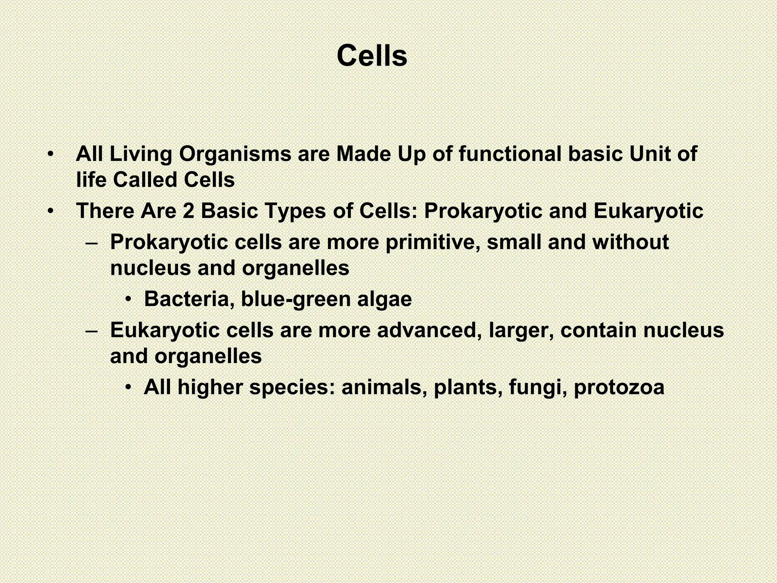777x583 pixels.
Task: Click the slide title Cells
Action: pyautogui.click(x=372, y=56)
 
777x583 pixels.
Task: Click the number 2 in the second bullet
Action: pyautogui.click(x=188, y=211)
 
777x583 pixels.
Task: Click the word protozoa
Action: pyautogui.click(x=619, y=388)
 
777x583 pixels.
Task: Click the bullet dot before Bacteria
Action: pyautogui.click(x=129, y=299)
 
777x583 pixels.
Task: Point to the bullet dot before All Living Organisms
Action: pyautogui.click(x=50, y=154)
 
